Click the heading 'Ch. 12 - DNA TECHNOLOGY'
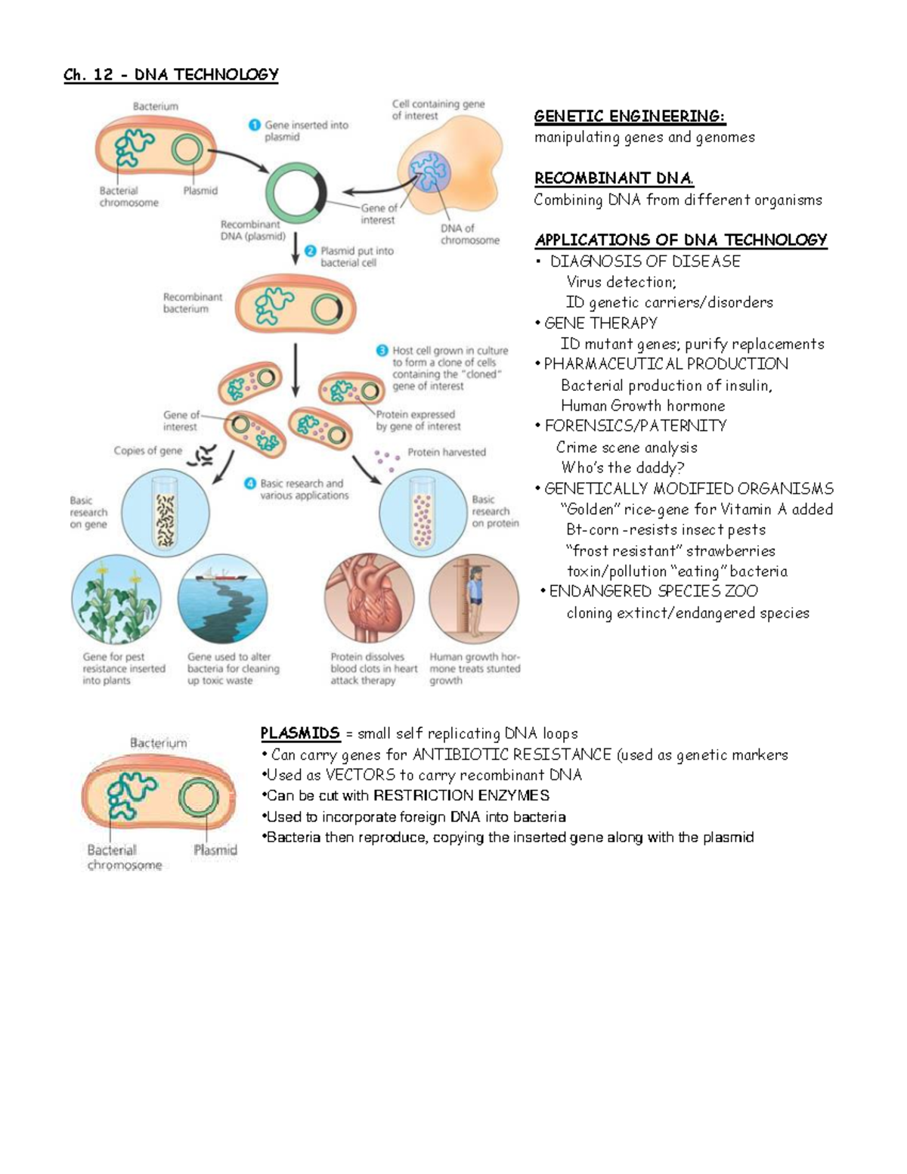[171, 75]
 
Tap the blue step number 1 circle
[255, 125]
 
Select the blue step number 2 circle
[310, 251]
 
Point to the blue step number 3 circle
[382, 351]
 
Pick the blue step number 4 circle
[250, 483]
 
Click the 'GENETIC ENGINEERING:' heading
[630, 116]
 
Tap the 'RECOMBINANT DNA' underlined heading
[614, 178]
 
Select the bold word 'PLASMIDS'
[300, 733]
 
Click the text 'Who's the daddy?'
[622, 468]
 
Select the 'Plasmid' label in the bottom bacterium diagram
[215, 850]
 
